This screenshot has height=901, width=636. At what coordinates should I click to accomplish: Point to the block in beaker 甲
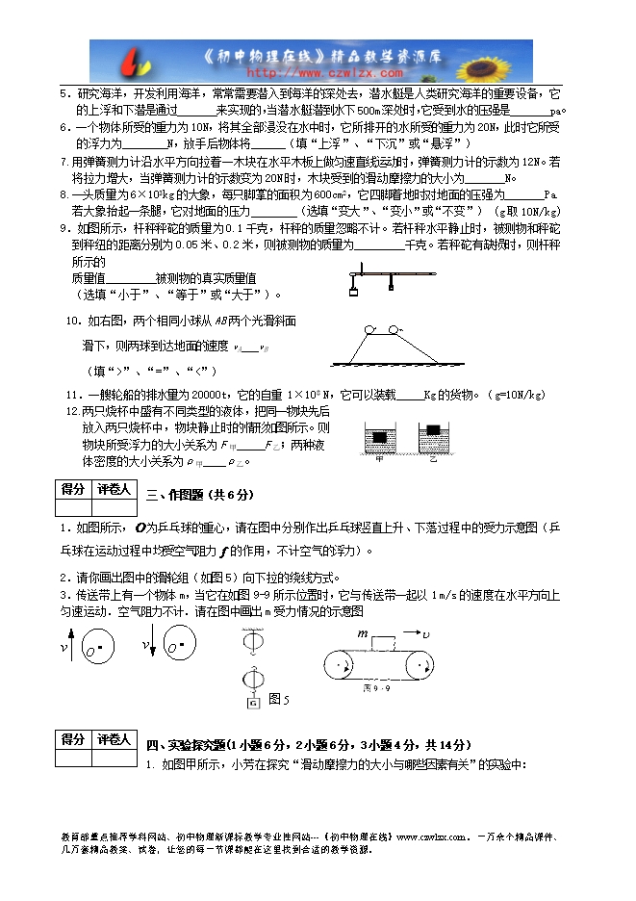click(x=381, y=437)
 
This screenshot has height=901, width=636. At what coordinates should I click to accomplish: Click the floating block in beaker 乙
click(x=434, y=429)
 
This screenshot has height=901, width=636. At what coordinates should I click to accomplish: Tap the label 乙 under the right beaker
click(x=433, y=459)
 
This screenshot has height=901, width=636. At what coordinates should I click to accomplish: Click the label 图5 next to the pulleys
click(x=279, y=699)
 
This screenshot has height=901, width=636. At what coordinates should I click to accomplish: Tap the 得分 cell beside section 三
click(x=73, y=489)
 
